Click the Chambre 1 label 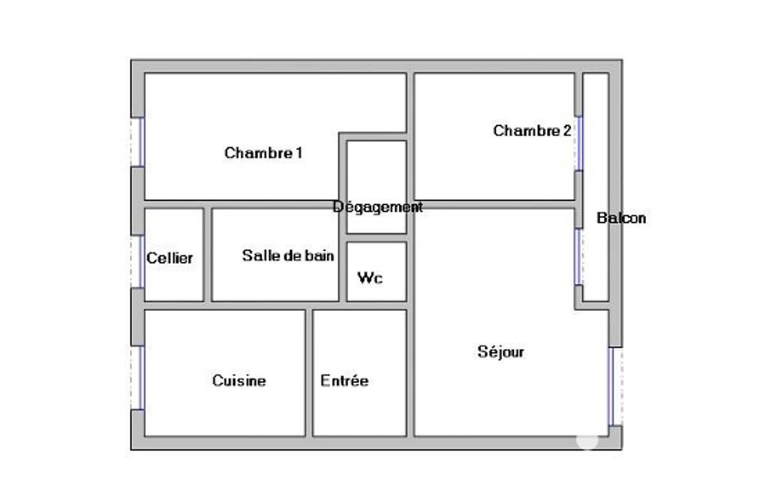click(x=263, y=153)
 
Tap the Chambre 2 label click(x=532, y=131)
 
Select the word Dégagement click(x=377, y=207)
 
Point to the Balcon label click(x=621, y=218)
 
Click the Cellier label click(x=170, y=258)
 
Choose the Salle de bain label click(x=288, y=255)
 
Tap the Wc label click(x=370, y=278)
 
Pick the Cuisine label click(x=239, y=381)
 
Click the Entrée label click(x=344, y=381)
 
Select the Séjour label click(x=500, y=352)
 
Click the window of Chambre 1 click(x=140, y=142)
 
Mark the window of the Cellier click(x=140, y=262)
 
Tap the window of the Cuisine click(x=140, y=378)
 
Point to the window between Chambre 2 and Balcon click(x=578, y=143)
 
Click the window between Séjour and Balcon click(x=578, y=257)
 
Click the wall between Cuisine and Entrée click(x=309, y=372)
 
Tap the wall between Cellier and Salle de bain click(x=208, y=255)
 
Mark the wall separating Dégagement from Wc click(x=376, y=237)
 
